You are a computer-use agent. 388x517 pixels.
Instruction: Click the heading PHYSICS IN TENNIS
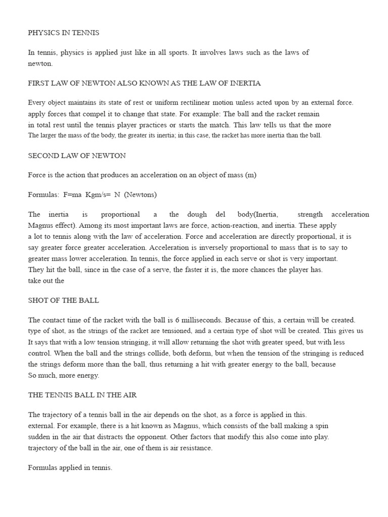[64, 33]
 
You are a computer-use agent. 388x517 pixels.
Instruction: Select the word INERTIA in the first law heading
[245, 83]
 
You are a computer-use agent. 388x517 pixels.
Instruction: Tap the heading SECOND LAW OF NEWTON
[77, 156]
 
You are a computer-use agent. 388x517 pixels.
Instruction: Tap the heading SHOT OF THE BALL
[64, 300]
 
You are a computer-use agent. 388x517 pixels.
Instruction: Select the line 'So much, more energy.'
[64, 375]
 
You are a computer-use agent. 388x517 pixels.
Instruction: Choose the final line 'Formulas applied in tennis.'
[70, 468]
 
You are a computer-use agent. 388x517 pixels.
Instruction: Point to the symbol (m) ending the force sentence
[251, 175]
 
